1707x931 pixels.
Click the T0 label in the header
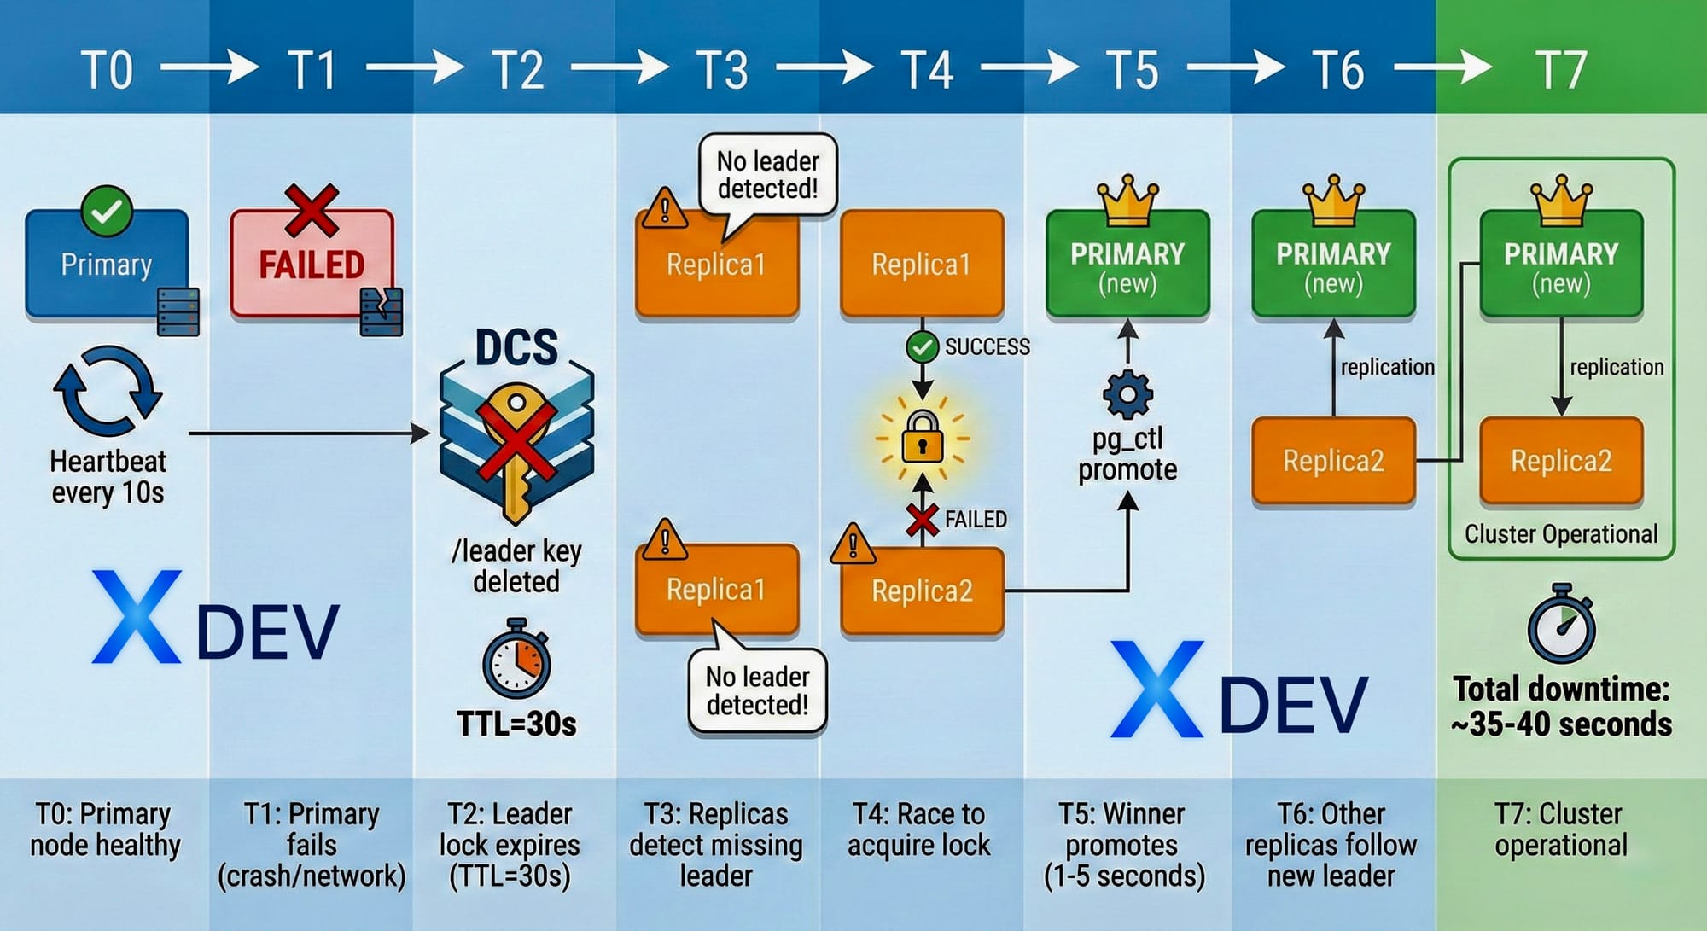[108, 70]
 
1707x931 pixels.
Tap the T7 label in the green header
[1561, 70]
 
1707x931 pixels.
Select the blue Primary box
[107, 264]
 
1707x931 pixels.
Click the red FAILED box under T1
[312, 264]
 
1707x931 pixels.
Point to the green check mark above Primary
[107, 210]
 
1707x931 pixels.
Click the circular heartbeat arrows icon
[108, 391]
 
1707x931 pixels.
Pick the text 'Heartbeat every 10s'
[108, 477]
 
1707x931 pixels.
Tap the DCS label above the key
[516, 347]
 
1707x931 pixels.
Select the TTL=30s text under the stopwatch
[516, 724]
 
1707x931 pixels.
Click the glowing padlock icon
[923, 438]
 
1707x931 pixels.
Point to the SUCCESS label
[987, 346]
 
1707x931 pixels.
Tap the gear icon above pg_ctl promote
[1127, 394]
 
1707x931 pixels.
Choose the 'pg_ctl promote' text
[1127, 454]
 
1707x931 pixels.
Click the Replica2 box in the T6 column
[1333, 461]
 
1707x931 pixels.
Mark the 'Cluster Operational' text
[1561, 534]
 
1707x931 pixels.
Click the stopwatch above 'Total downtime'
[1561, 625]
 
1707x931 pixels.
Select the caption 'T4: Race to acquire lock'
[920, 829]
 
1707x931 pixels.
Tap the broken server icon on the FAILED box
[382, 311]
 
